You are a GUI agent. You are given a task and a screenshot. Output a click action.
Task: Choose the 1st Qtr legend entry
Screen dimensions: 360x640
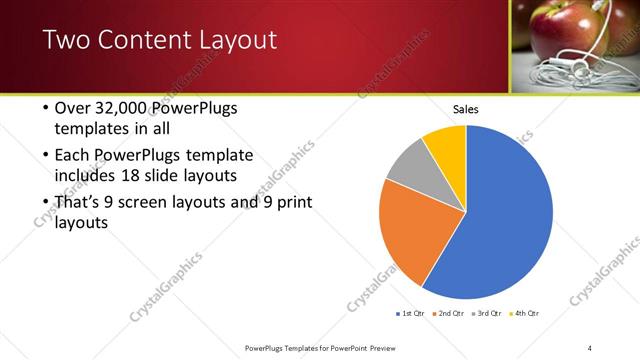tap(412, 314)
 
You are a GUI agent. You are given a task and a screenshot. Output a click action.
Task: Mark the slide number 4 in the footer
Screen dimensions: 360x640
tap(591, 347)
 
